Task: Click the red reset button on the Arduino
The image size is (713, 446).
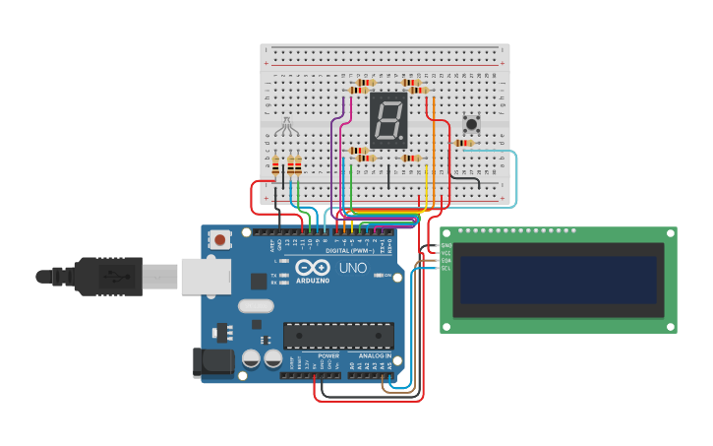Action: tap(219, 239)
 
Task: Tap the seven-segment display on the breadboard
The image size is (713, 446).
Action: tap(387, 120)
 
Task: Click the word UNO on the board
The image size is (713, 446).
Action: tap(352, 268)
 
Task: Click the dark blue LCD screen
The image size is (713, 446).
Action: tap(558, 280)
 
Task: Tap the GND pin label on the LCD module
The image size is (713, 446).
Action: tap(446, 245)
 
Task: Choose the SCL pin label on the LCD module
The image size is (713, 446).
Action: tap(446, 268)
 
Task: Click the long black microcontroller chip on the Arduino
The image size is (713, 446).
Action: tap(338, 335)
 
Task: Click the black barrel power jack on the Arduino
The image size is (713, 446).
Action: tap(214, 361)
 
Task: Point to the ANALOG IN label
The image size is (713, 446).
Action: tap(374, 355)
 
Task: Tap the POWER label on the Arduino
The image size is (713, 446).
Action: tap(327, 355)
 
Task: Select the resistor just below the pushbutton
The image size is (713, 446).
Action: tap(462, 143)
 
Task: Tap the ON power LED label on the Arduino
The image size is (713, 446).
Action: tap(389, 275)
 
